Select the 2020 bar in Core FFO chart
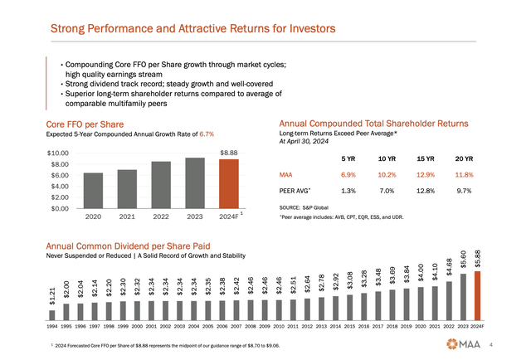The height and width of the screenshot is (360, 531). [94, 191]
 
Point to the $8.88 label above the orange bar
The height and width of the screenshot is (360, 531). [228, 153]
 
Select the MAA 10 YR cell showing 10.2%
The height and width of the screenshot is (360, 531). [387, 175]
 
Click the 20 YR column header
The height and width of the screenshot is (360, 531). [463, 158]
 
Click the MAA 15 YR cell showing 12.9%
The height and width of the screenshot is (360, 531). [425, 175]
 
